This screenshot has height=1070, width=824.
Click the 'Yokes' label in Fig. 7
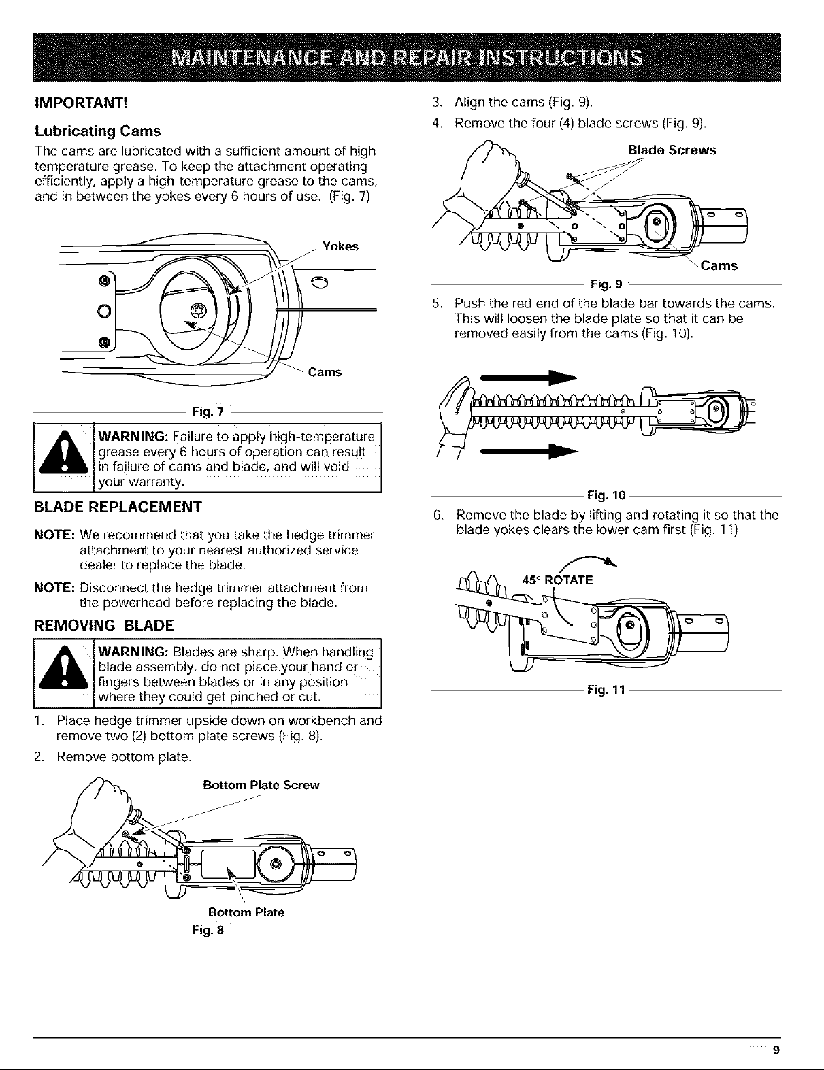(x=340, y=246)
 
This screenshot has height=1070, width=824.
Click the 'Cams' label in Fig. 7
(x=325, y=372)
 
